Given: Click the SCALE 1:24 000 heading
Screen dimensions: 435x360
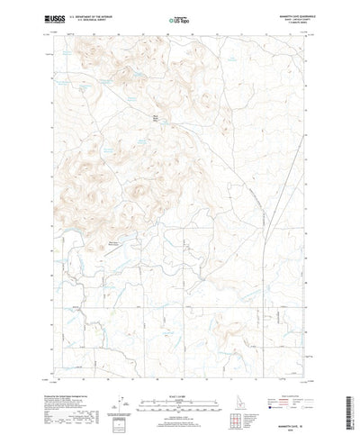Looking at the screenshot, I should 179,383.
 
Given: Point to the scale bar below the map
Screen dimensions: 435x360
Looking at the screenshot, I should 179,390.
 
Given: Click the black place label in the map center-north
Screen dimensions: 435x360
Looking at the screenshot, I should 154,116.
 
